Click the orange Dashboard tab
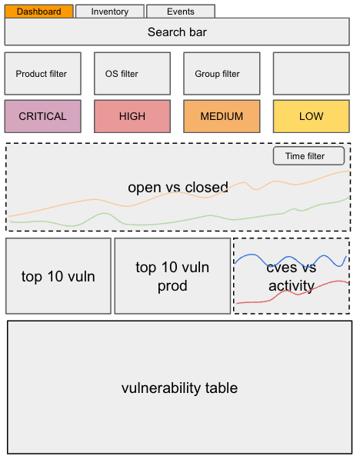39,12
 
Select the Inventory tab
109,12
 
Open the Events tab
180,12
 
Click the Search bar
177,32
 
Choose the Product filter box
42,74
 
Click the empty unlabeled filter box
311,74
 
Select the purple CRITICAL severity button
42,116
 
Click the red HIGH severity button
132,116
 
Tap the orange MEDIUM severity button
221,116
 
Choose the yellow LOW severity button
311,116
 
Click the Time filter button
309,156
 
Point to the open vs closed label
178,187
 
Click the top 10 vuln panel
58,276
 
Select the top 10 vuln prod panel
172,276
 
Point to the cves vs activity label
291,277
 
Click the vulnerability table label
179,388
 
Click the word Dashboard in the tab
39,12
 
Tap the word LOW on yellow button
311,116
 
